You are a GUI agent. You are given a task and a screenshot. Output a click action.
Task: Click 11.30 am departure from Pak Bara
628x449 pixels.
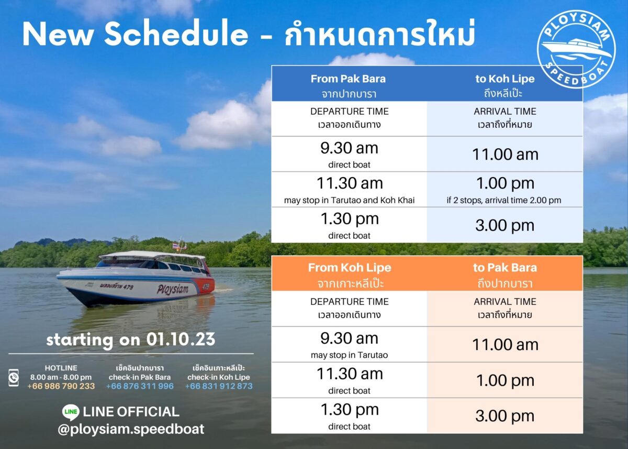point(350,183)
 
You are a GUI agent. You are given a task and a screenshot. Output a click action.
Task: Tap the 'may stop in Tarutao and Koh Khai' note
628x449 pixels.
point(349,200)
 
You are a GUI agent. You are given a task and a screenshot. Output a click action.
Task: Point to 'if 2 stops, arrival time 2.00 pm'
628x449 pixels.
point(504,200)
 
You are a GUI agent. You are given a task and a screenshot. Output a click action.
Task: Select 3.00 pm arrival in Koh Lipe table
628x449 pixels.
point(504,225)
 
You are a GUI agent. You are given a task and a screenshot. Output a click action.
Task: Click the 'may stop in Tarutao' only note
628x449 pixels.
point(349,355)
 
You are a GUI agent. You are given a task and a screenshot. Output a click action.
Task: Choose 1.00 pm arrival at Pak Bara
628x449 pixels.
point(504,380)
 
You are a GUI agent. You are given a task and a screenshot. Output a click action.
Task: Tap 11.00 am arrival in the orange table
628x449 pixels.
point(504,345)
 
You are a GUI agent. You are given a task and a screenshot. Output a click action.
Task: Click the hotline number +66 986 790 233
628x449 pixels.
point(61,386)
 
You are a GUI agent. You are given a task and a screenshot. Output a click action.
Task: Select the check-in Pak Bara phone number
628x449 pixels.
point(140,386)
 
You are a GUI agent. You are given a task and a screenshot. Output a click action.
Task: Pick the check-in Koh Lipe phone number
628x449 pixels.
point(219,386)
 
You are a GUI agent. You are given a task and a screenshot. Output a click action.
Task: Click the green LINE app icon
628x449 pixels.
point(70,412)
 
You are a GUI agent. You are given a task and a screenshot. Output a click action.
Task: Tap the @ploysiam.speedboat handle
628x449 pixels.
point(131,429)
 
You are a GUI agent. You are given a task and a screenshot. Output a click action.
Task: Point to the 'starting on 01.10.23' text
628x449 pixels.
point(131,340)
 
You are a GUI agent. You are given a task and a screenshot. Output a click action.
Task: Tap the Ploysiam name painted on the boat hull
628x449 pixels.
point(172,289)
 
